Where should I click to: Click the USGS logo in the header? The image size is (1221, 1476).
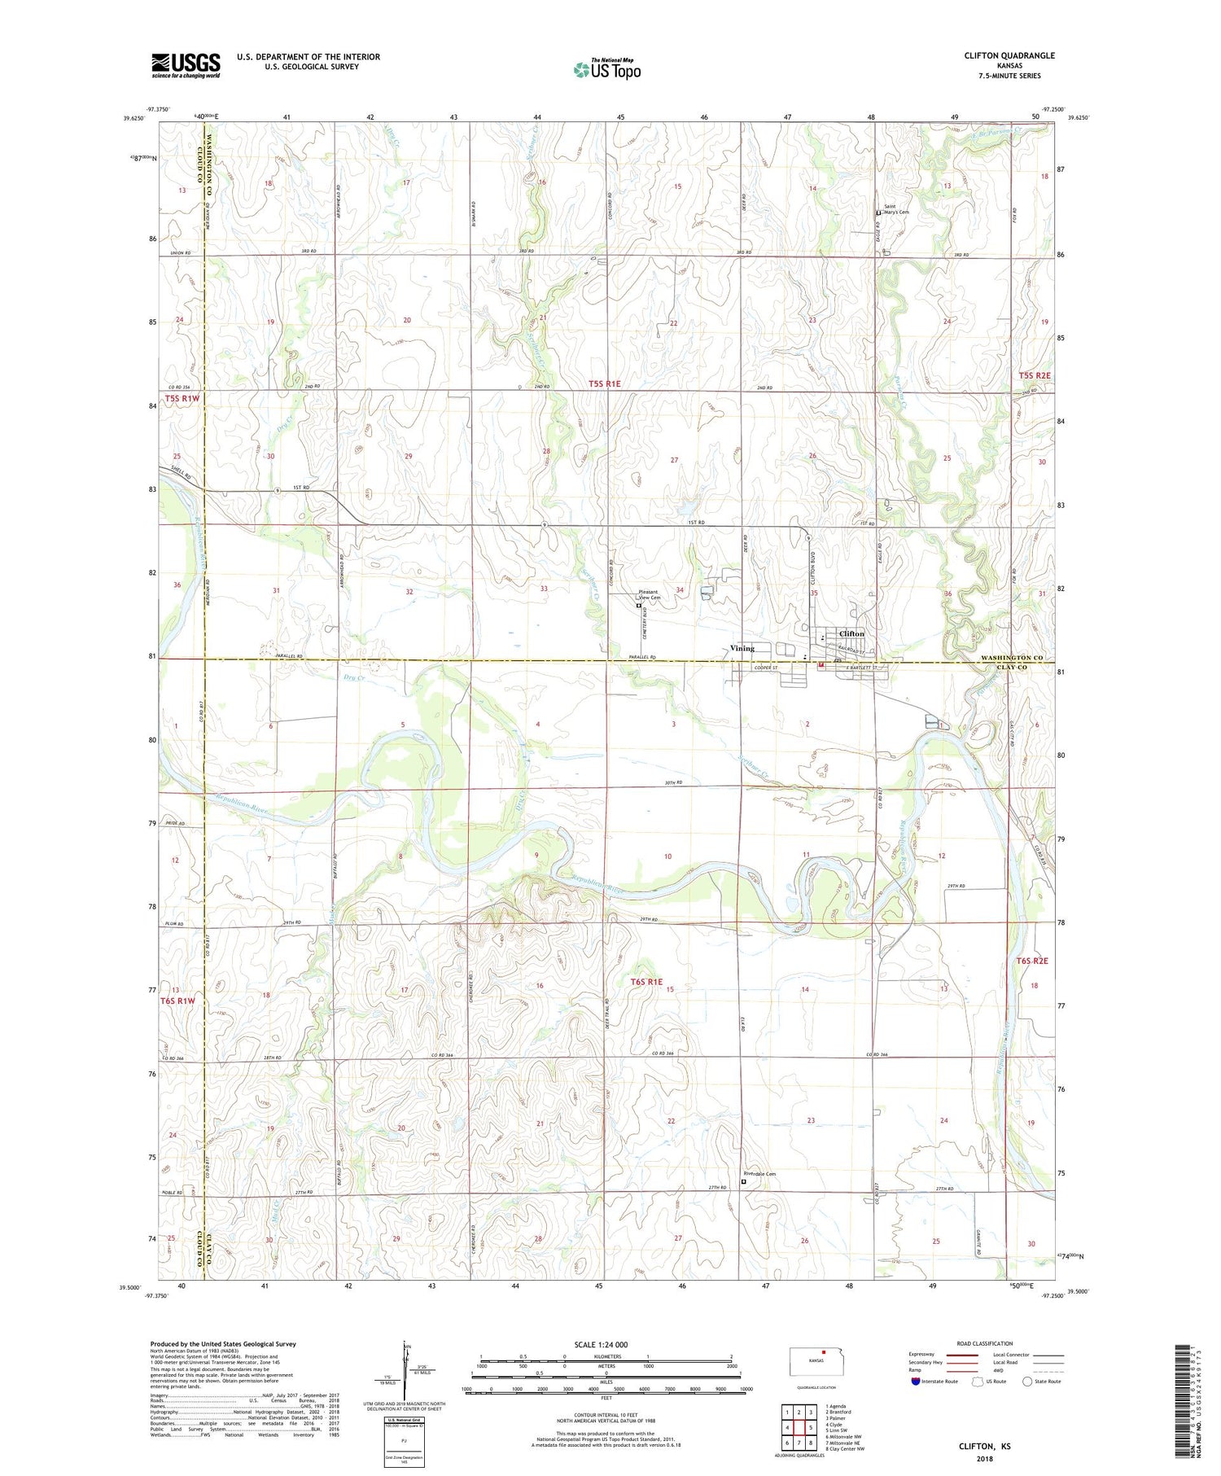click(186, 65)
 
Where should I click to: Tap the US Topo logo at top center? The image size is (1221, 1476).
click(606, 69)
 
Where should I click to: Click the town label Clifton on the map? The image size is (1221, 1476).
click(851, 633)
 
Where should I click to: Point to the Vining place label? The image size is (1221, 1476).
click(742, 648)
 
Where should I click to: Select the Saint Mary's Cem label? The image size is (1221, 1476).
click(895, 209)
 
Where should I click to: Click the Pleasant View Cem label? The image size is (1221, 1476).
click(650, 595)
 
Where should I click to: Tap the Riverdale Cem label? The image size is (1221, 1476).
click(759, 1174)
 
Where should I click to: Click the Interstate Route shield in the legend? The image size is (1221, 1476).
click(915, 1382)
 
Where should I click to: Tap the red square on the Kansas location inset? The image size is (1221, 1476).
click(823, 1354)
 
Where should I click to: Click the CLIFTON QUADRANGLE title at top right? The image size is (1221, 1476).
click(1009, 55)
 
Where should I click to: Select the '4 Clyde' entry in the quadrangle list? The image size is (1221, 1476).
click(836, 1425)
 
